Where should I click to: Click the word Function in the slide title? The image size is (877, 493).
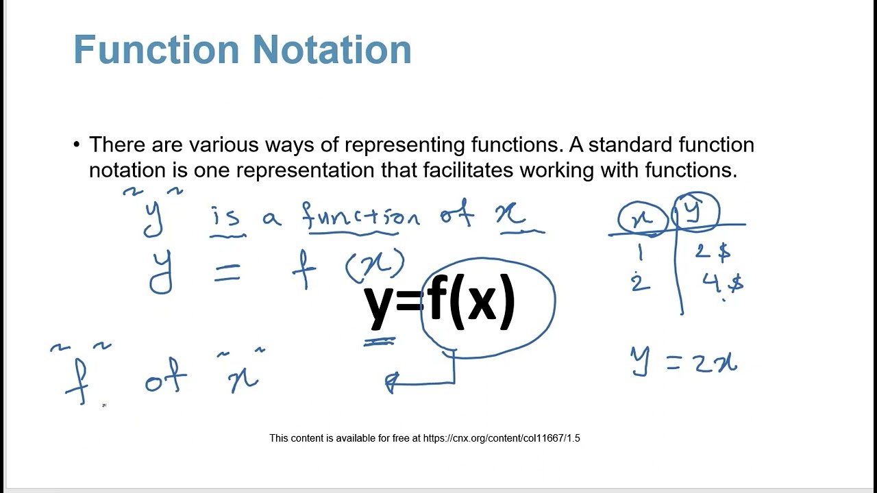point(157,49)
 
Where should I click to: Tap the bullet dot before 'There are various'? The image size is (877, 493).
point(77,144)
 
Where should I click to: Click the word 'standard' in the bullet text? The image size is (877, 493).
point(630,144)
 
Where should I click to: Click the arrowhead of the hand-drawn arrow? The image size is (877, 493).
point(392,383)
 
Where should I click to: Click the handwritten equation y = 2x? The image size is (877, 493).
point(684,361)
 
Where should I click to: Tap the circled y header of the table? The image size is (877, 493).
point(695,213)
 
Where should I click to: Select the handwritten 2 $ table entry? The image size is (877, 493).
point(713,251)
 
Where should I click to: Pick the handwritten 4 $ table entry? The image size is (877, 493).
point(722,283)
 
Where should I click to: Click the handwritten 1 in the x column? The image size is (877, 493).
point(641,253)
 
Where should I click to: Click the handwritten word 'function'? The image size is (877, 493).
point(360,217)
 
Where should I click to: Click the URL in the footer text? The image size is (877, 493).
point(502,438)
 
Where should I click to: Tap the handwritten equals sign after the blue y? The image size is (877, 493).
point(227,273)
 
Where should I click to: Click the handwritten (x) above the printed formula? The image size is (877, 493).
point(375,266)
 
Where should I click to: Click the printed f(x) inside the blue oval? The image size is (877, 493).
point(471,303)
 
